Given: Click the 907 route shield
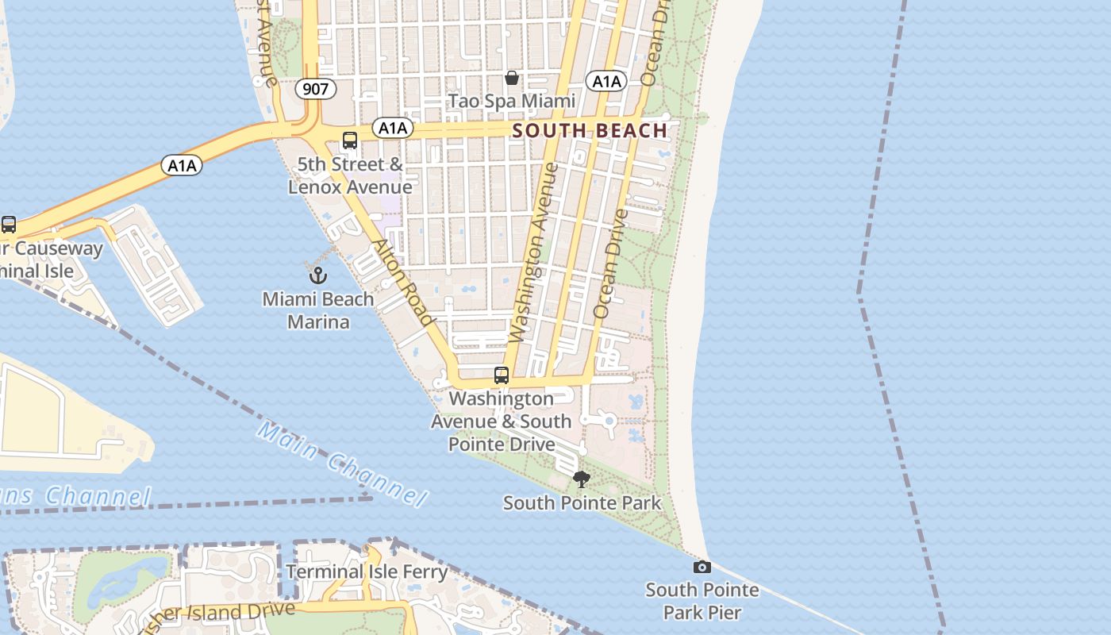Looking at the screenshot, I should pyautogui.click(x=315, y=89).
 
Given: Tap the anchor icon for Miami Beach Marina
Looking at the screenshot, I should pyautogui.click(x=317, y=275).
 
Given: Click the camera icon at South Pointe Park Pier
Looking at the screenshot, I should pyautogui.click(x=702, y=567).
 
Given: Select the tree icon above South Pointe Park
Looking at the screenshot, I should pyautogui.click(x=582, y=479).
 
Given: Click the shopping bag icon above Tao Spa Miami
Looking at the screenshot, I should pyautogui.click(x=512, y=78).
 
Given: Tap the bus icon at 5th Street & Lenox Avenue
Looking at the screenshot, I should pyautogui.click(x=349, y=141).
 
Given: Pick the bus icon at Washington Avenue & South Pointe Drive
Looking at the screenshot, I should pyautogui.click(x=501, y=375).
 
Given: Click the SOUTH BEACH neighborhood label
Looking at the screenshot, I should pyautogui.click(x=590, y=131).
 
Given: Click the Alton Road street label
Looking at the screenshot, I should pyautogui.click(x=404, y=283).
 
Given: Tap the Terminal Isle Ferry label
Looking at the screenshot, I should pyautogui.click(x=367, y=571).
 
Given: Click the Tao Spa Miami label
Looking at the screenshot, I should pyautogui.click(x=511, y=101).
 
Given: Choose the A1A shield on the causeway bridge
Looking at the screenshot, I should pyautogui.click(x=182, y=165).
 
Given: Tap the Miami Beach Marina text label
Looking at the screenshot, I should pyautogui.click(x=317, y=310).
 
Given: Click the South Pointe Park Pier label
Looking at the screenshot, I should pyautogui.click(x=702, y=601).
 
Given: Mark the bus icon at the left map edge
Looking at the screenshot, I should pyautogui.click(x=9, y=225).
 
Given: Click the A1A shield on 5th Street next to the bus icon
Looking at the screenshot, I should pyautogui.click(x=392, y=129).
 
